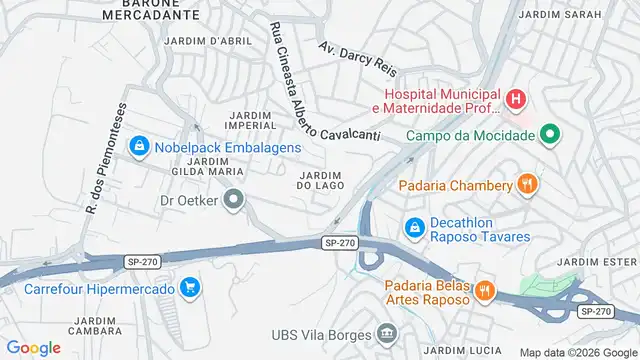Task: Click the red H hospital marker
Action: pyautogui.click(x=515, y=99)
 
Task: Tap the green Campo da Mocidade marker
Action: pyautogui.click(x=549, y=135)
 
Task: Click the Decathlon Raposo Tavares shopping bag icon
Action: pyautogui.click(x=413, y=229)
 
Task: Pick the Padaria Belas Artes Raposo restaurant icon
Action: pyautogui.click(x=485, y=290)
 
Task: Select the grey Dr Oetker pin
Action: pyautogui.click(x=234, y=200)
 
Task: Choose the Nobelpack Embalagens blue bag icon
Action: pyautogui.click(x=141, y=147)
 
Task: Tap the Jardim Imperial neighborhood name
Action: pyautogui.click(x=251, y=121)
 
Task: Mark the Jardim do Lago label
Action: pyautogui.click(x=321, y=179)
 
